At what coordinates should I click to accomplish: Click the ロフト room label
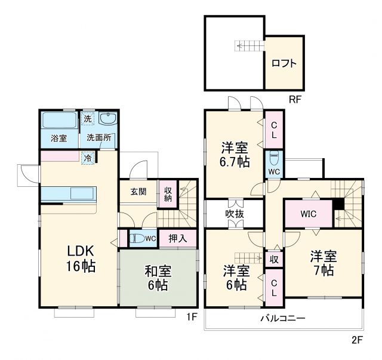pos(284,63)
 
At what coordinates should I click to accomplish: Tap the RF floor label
pos(295,100)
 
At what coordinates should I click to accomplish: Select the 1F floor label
pos(190,316)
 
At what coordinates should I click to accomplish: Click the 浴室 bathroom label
pos(58,138)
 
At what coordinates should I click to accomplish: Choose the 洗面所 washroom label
pos(98,138)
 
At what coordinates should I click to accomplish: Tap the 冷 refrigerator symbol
pos(88,158)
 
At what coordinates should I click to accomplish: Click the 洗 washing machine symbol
pos(88,119)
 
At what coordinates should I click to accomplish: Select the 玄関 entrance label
pos(138,192)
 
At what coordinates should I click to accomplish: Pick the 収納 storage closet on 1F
pos(168,193)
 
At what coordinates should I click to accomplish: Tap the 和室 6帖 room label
pos(158,278)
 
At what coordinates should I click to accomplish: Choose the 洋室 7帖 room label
pos(323,263)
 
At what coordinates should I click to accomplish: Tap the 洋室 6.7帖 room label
pos(235,153)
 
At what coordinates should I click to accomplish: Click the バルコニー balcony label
pos(282,318)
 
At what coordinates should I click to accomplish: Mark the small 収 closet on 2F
pos(273,259)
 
